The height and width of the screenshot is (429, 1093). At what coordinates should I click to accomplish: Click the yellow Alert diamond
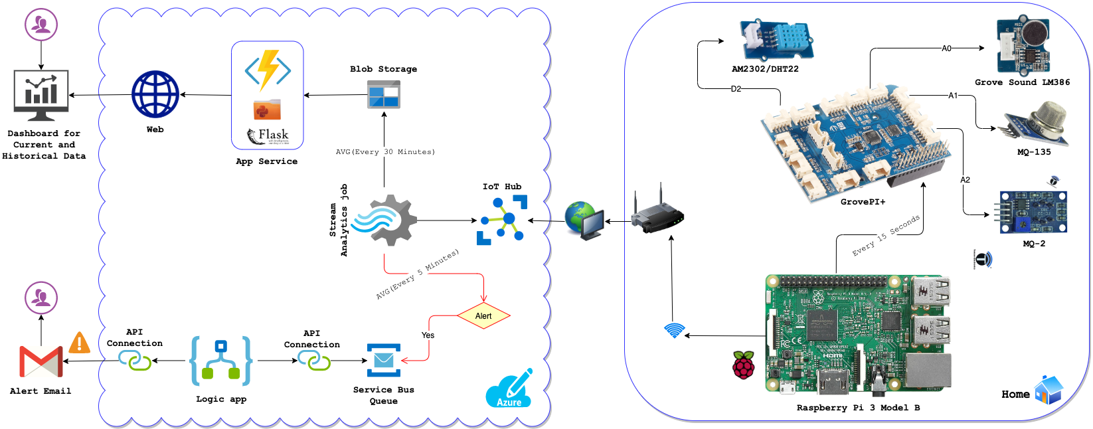[x=483, y=316]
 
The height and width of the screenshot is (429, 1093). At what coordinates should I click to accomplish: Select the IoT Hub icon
[x=502, y=220]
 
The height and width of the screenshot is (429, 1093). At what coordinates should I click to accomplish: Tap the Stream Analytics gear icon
[x=385, y=220]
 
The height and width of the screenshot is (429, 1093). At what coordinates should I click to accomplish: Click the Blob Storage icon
[x=384, y=94]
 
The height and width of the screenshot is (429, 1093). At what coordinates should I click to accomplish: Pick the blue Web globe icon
[x=155, y=94]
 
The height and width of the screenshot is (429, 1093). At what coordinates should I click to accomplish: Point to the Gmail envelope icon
[x=41, y=362]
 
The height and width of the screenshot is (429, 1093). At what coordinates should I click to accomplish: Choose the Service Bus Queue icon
[x=384, y=360]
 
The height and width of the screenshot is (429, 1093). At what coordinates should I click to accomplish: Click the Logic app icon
[x=220, y=361]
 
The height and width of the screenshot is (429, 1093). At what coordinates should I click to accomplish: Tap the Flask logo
[x=268, y=136]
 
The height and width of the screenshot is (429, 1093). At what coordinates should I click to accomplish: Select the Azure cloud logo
[x=509, y=389]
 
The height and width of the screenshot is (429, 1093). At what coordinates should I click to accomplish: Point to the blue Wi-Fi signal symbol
[x=674, y=330]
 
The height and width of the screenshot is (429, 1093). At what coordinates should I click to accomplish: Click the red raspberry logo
[x=744, y=365]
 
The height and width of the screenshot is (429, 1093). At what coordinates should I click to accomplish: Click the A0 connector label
[x=946, y=48]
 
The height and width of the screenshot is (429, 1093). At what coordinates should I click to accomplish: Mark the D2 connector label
[x=736, y=88]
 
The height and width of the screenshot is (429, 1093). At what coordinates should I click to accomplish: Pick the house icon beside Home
[x=1049, y=390]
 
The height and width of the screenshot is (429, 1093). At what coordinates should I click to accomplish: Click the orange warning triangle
[x=80, y=343]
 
